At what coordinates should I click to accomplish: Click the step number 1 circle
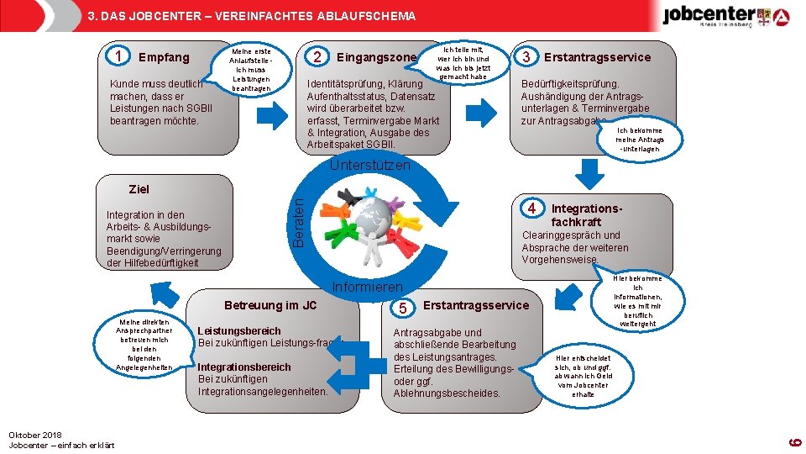pyautogui.click(x=120, y=57)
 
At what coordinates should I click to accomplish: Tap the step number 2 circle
pyautogui.click(x=317, y=57)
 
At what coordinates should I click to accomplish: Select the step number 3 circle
pyautogui.click(x=526, y=57)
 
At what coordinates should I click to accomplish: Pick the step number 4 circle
pyautogui.click(x=531, y=208)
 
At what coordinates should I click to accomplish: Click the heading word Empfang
pyautogui.click(x=164, y=57)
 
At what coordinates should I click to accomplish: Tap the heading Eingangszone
pyautogui.click(x=376, y=57)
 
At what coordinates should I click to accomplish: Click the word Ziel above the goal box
pyautogui.click(x=139, y=189)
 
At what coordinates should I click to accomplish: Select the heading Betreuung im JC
pyautogui.click(x=270, y=304)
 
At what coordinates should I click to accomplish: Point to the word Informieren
pyautogui.click(x=368, y=287)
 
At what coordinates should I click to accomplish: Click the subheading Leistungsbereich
pyautogui.click(x=239, y=331)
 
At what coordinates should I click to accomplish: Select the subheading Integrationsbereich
pyautogui.click(x=244, y=367)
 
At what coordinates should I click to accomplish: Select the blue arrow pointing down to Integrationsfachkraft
pyautogui.click(x=592, y=173)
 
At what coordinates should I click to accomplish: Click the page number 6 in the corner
pyautogui.click(x=798, y=438)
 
